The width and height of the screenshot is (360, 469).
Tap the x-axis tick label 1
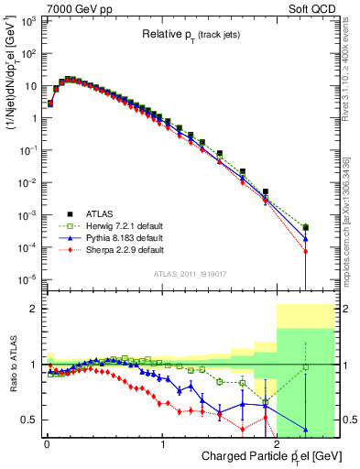pyautogui.click(x=163, y=443)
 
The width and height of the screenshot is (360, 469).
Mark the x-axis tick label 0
pyautogui.click(x=48, y=443)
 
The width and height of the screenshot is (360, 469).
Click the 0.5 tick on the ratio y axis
pyautogui.click(x=29, y=420)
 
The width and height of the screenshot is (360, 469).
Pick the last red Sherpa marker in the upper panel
pyautogui.click(x=305, y=251)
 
